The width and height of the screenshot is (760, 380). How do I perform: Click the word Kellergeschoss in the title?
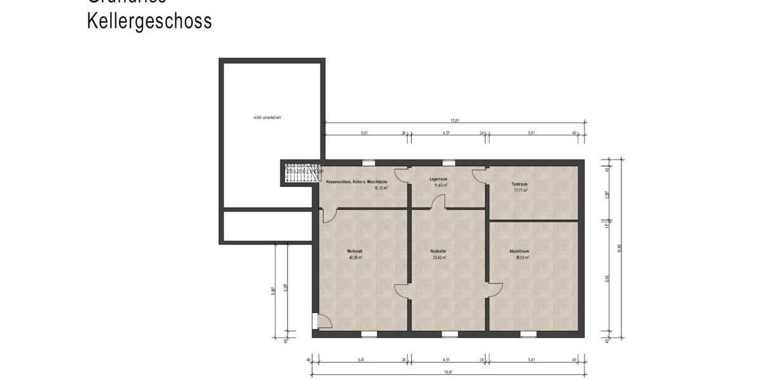click(149, 21)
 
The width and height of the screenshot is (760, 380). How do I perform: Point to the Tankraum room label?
click(519, 184)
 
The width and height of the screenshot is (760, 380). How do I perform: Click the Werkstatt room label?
click(355, 251)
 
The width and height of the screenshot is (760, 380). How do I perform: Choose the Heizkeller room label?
click(440, 251)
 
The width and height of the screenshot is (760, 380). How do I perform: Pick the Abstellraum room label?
click(519, 251)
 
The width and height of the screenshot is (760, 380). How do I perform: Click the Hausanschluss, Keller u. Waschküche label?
click(356, 182)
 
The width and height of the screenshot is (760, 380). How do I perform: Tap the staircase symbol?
click(301, 173)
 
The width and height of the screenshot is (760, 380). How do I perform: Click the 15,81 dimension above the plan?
click(454, 120)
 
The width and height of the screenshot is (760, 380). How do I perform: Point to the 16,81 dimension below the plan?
click(448, 372)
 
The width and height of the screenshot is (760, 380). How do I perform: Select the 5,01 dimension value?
click(364, 133)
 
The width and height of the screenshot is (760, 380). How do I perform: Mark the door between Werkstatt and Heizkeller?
click(402, 291)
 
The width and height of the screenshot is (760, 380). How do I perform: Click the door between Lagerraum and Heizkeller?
click(439, 202)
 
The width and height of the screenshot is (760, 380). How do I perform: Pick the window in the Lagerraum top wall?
click(448, 163)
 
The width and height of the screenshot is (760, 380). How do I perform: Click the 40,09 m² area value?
click(355, 258)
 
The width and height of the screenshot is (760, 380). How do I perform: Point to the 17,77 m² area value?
click(520, 190)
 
